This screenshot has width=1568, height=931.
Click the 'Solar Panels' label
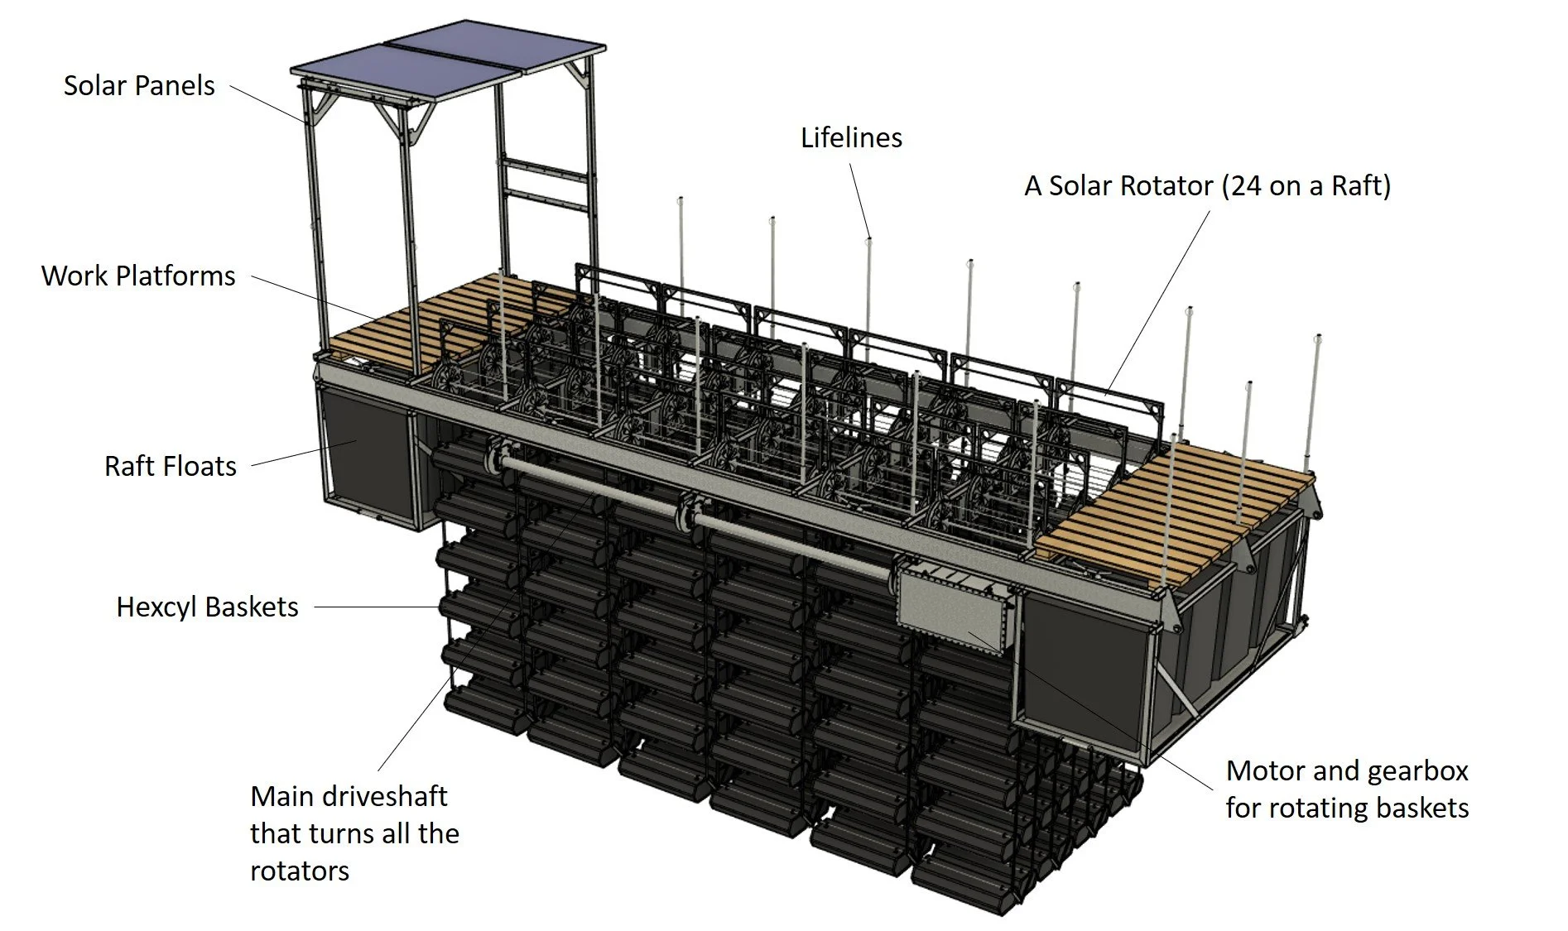[139, 86]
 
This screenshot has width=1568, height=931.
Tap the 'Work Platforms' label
[138, 276]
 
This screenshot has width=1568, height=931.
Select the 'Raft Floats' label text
[171, 467]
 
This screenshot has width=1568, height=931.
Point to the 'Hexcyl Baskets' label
[207, 607]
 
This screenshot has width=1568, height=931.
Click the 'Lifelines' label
[851, 138]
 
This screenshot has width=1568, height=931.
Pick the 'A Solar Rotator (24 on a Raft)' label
[1207, 186]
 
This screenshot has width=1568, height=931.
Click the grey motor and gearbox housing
[952, 608]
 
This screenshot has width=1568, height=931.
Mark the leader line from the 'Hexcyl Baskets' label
[377, 607]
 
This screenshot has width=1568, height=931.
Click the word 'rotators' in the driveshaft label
[300, 871]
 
